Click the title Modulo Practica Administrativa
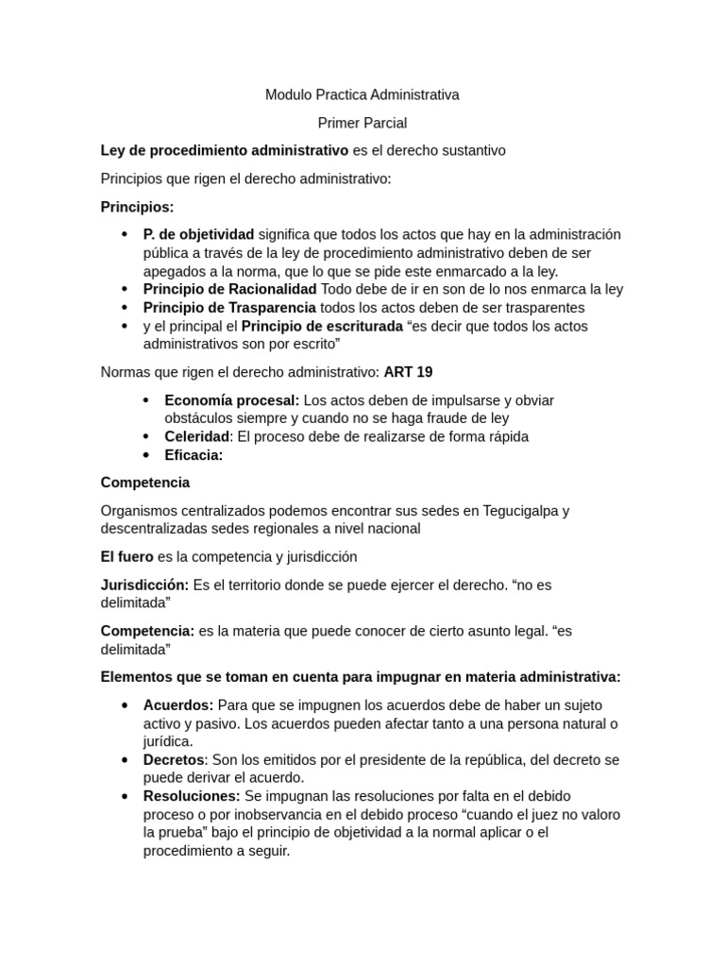click(x=362, y=94)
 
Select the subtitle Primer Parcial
click(x=362, y=123)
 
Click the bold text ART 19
click(x=408, y=372)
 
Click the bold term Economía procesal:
click(x=231, y=400)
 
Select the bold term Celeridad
click(x=197, y=436)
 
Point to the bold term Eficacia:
click(x=194, y=455)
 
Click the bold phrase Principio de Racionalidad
click(x=229, y=289)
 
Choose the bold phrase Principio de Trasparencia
click(x=229, y=308)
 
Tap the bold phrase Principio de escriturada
click(x=322, y=326)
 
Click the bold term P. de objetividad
click(x=198, y=234)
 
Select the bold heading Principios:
click(x=137, y=207)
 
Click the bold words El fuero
click(x=126, y=557)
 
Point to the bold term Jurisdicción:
click(x=144, y=585)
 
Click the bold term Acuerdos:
click(x=178, y=705)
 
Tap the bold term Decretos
click(x=174, y=760)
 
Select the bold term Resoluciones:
click(x=192, y=796)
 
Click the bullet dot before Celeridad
click(x=146, y=436)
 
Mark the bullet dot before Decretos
click(x=125, y=760)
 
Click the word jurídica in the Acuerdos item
click(x=167, y=742)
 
